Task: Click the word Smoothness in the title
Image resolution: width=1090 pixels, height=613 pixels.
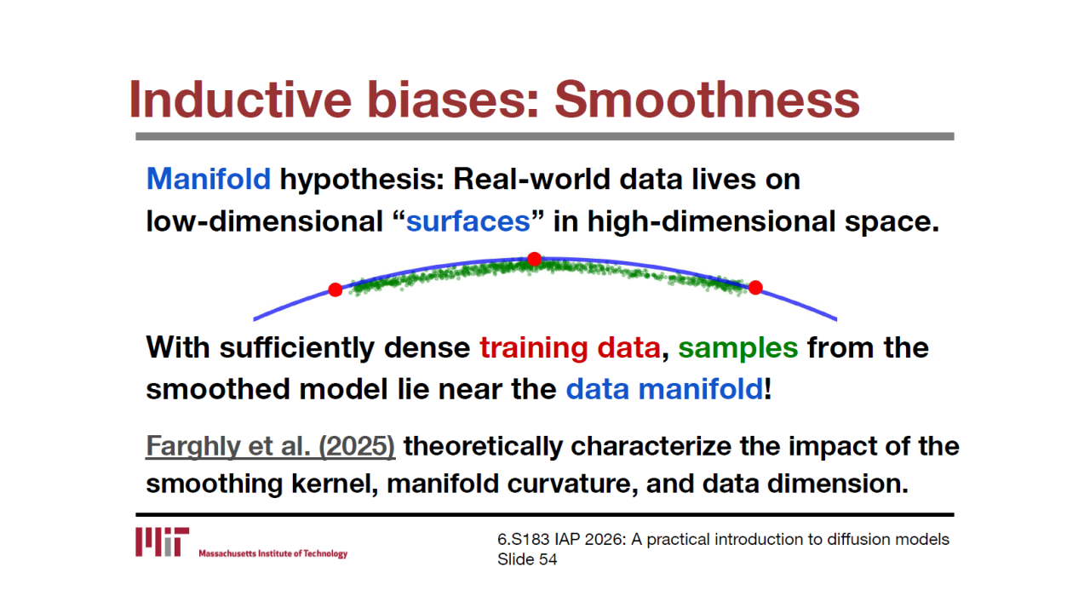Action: [707, 100]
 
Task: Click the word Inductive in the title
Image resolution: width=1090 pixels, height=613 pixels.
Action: [240, 100]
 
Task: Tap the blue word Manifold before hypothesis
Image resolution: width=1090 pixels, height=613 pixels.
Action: [209, 179]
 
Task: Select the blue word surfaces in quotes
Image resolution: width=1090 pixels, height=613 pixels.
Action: [468, 222]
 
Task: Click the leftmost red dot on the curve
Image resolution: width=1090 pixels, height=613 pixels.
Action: [336, 290]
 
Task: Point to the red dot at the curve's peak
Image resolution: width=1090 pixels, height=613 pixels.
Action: [534, 259]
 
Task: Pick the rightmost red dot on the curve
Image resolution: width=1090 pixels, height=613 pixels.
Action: [755, 288]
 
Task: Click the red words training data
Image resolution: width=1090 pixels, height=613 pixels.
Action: [570, 348]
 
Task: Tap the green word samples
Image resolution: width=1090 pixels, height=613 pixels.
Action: [738, 349]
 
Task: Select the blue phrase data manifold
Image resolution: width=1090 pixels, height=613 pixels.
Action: [665, 390]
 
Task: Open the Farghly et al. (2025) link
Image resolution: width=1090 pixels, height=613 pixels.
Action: [271, 446]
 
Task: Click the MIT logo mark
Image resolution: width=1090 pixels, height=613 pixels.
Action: [162, 541]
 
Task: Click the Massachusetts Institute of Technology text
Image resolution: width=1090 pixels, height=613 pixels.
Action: [273, 553]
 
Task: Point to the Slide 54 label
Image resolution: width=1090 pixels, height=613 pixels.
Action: [527, 559]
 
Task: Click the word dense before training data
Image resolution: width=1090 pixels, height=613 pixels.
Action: [427, 348]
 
